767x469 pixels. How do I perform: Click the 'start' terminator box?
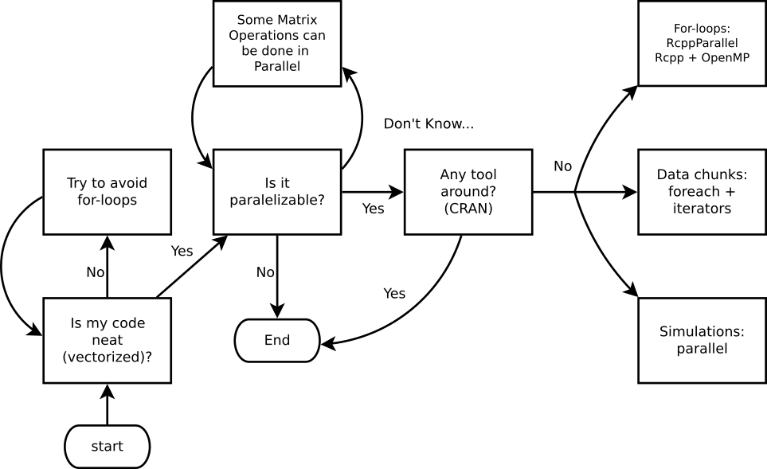[x=107, y=446]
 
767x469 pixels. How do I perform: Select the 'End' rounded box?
[x=277, y=340]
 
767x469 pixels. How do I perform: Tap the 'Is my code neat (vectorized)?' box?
[x=107, y=340]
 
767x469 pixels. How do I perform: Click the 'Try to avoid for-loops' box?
[x=107, y=192]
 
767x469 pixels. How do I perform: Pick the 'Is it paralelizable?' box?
[x=277, y=192]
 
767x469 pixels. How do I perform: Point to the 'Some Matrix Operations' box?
[x=277, y=44]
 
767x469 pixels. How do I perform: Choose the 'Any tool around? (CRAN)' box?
[x=468, y=192]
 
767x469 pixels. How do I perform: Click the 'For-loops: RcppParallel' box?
[x=702, y=44]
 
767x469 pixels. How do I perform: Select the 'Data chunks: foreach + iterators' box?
[x=702, y=192]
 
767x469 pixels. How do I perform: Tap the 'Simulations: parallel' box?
[x=702, y=340]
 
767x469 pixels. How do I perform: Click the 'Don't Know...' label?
[x=429, y=124]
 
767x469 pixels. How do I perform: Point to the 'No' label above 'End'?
[x=265, y=273]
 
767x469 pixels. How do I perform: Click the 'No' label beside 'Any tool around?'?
[x=562, y=166]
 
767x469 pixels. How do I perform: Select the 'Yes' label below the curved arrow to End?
[x=394, y=294]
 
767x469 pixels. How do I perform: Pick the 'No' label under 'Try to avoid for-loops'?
[x=95, y=272]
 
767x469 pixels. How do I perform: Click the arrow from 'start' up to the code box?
[x=107, y=405]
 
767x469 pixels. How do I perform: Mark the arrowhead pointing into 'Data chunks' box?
[x=630, y=192]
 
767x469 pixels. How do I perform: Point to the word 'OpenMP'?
[x=726, y=57]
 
